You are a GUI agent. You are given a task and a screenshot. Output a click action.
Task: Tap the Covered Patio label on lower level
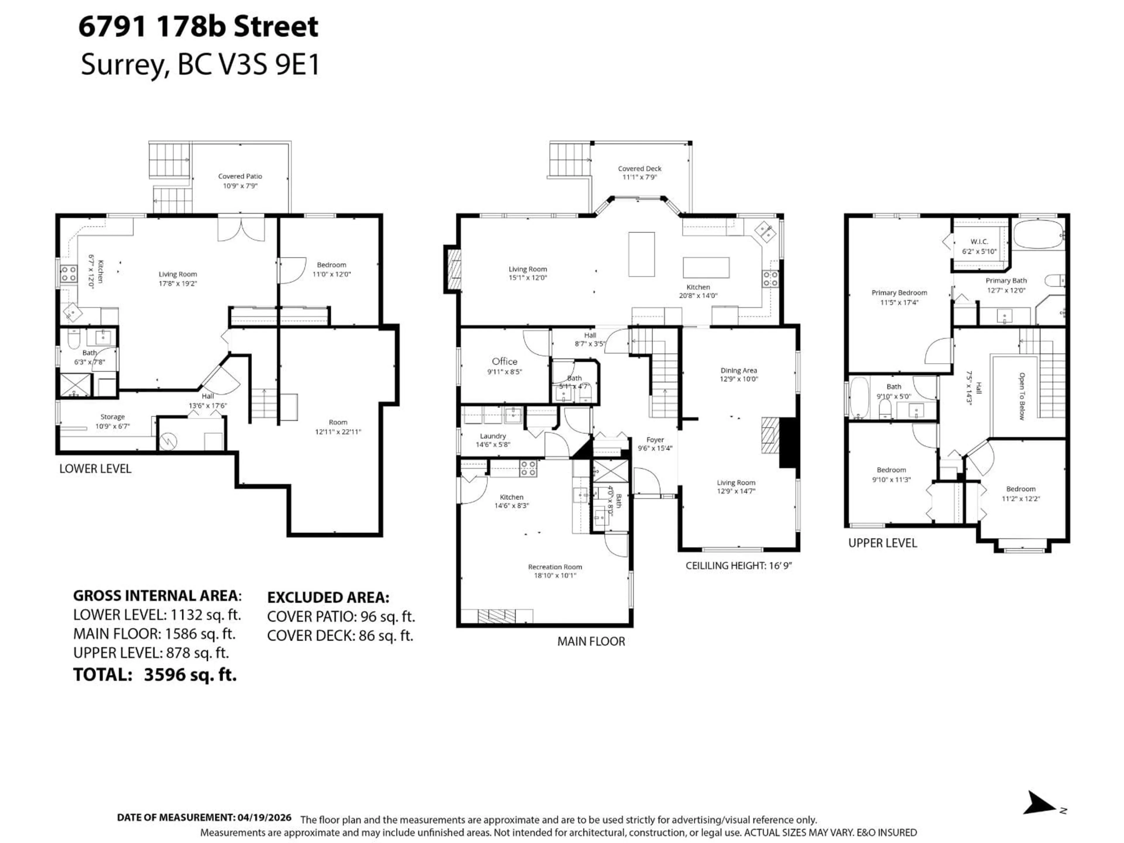(240, 176)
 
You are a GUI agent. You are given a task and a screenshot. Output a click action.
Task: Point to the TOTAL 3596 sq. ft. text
(155, 675)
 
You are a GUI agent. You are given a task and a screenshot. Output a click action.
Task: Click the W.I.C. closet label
(979, 242)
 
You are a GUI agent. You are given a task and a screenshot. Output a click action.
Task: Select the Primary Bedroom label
(899, 293)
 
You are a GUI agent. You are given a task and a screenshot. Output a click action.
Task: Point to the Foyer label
(655, 440)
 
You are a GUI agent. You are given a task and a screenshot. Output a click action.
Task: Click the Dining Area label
(738, 371)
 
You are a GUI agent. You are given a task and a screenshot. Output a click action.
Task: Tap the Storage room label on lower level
(112, 417)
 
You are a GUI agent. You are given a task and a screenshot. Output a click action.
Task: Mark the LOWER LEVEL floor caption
(95, 469)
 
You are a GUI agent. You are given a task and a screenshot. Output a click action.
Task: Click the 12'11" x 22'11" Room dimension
(338, 432)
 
